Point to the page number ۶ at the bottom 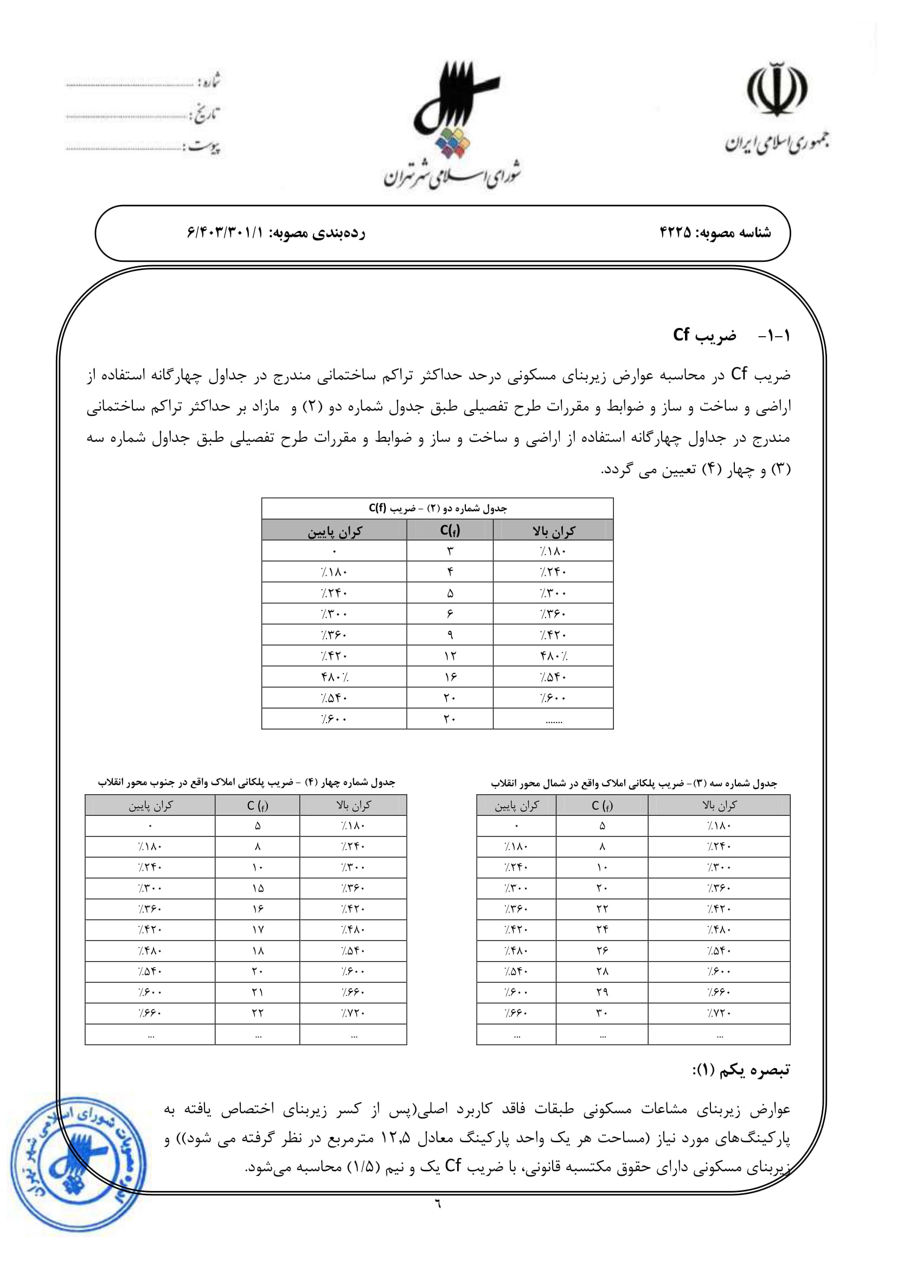[x=438, y=1203]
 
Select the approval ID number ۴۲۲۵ [x=675, y=233]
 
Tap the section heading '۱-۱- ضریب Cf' [x=731, y=335]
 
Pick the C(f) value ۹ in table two [x=450, y=635]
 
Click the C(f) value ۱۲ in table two [x=450, y=655]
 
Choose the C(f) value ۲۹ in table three [x=602, y=992]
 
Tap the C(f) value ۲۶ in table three [x=602, y=950]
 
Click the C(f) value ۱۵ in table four [x=258, y=888]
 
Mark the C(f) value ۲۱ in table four [x=258, y=992]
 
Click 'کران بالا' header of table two [x=554, y=531]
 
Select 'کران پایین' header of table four [x=150, y=806]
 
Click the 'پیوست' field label [x=204, y=147]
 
